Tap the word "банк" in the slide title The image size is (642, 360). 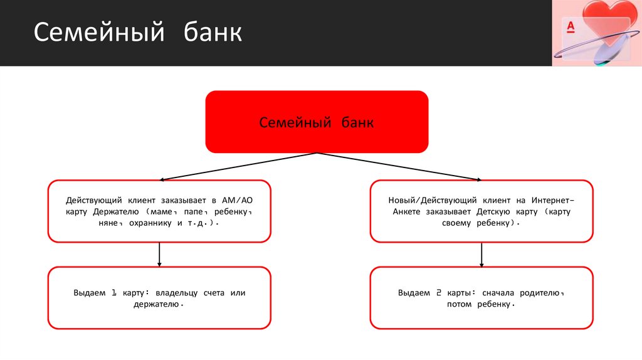213,33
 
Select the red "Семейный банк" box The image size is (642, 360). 317,122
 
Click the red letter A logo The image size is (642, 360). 571,26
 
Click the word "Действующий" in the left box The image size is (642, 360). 93,200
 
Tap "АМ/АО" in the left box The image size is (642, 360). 237,200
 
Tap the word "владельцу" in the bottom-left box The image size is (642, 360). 177,293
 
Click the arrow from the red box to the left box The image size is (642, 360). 238,166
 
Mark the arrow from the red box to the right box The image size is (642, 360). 398,166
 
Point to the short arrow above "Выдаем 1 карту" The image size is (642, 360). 159,253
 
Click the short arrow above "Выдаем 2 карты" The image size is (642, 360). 481,253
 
